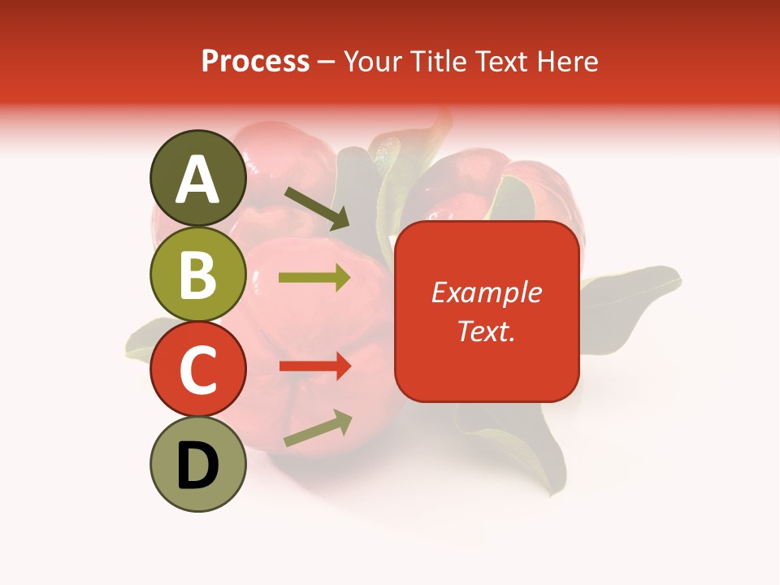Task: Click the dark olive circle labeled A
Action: pyautogui.click(x=198, y=179)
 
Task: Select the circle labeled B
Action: pyautogui.click(x=198, y=275)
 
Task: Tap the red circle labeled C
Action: pyautogui.click(x=198, y=370)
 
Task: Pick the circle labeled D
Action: pyautogui.click(x=198, y=465)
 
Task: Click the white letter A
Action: pyautogui.click(x=198, y=180)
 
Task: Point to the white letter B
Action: pyautogui.click(x=198, y=275)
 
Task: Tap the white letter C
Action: pyautogui.click(x=198, y=370)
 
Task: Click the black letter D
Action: pyautogui.click(x=198, y=466)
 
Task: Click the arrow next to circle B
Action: pyautogui.click(x=314, y=278)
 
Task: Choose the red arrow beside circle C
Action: pyautogui.click(x=314, y=366)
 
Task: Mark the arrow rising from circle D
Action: pyautogui.click(x=318, y=429)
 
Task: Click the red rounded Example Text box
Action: pyautogui.click(x=487, y=311)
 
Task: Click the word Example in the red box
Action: pyautogui.click(x=487, y=292)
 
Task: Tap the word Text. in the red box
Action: pyautogui.click(x=486, y=331)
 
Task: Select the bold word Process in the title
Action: pyautogui.click(x=255, y=61)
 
